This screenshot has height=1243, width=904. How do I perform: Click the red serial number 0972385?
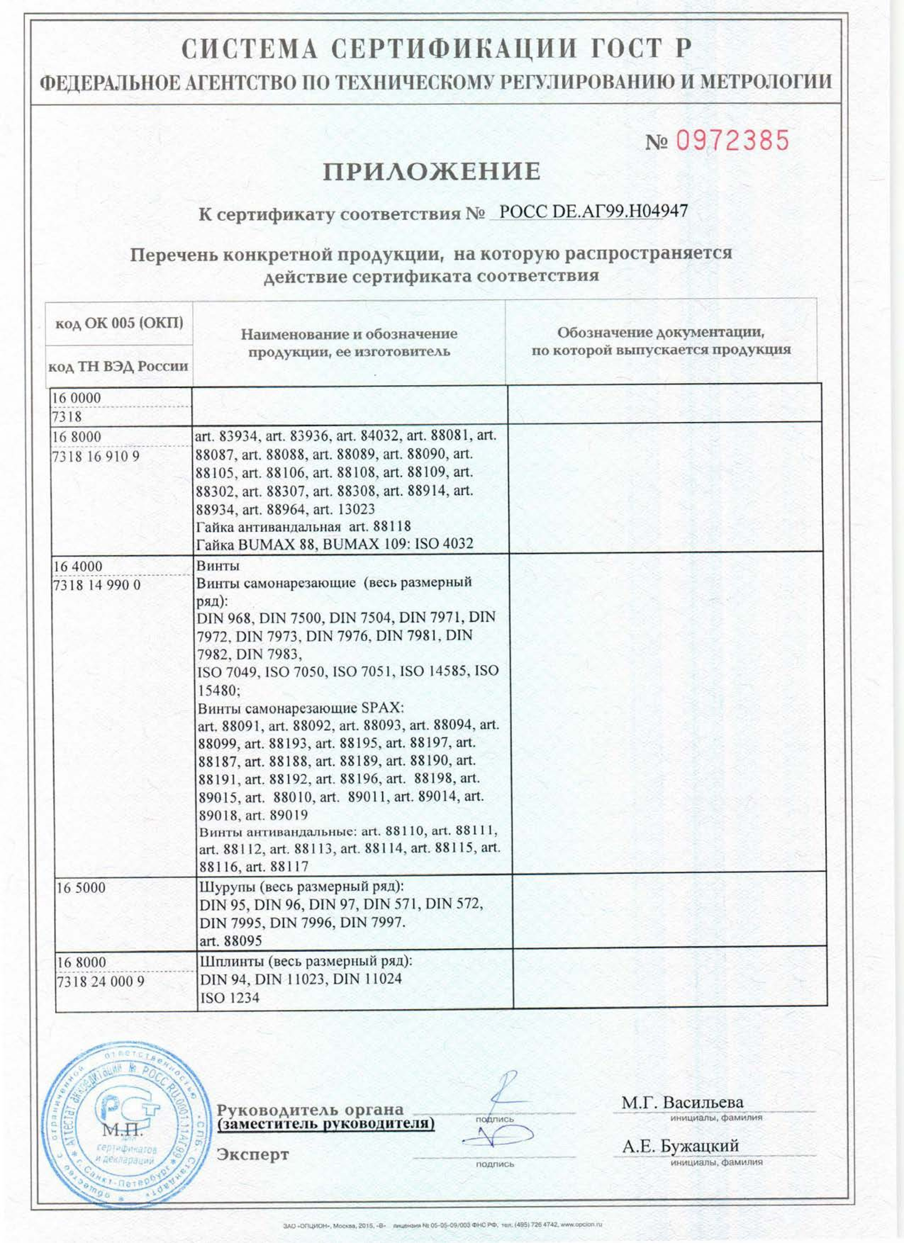732,141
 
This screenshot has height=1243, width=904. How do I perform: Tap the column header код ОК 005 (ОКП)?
119,323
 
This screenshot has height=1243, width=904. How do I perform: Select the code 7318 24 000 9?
100,981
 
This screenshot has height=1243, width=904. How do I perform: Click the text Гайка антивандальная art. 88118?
303,527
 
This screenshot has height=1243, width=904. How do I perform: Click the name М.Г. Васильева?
682,1102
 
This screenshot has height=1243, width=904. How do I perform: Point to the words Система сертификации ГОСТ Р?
436,49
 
